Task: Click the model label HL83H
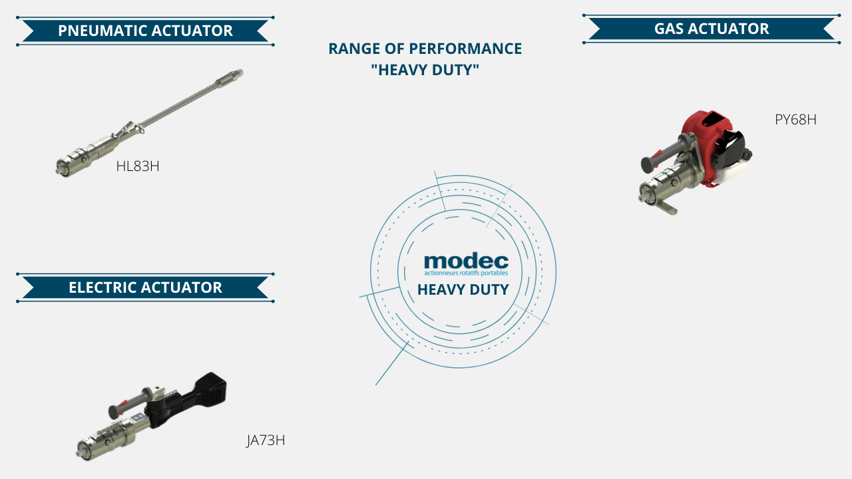pos(138,166)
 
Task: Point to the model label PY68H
pos(795,120)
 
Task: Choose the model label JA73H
pos(266,440)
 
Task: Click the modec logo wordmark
pos(466,261)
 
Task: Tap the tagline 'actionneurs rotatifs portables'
pos(466,273)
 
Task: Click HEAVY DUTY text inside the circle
pos(463,289)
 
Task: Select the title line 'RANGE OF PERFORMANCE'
pos(425,49)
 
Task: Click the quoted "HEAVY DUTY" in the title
pos(425,70)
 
